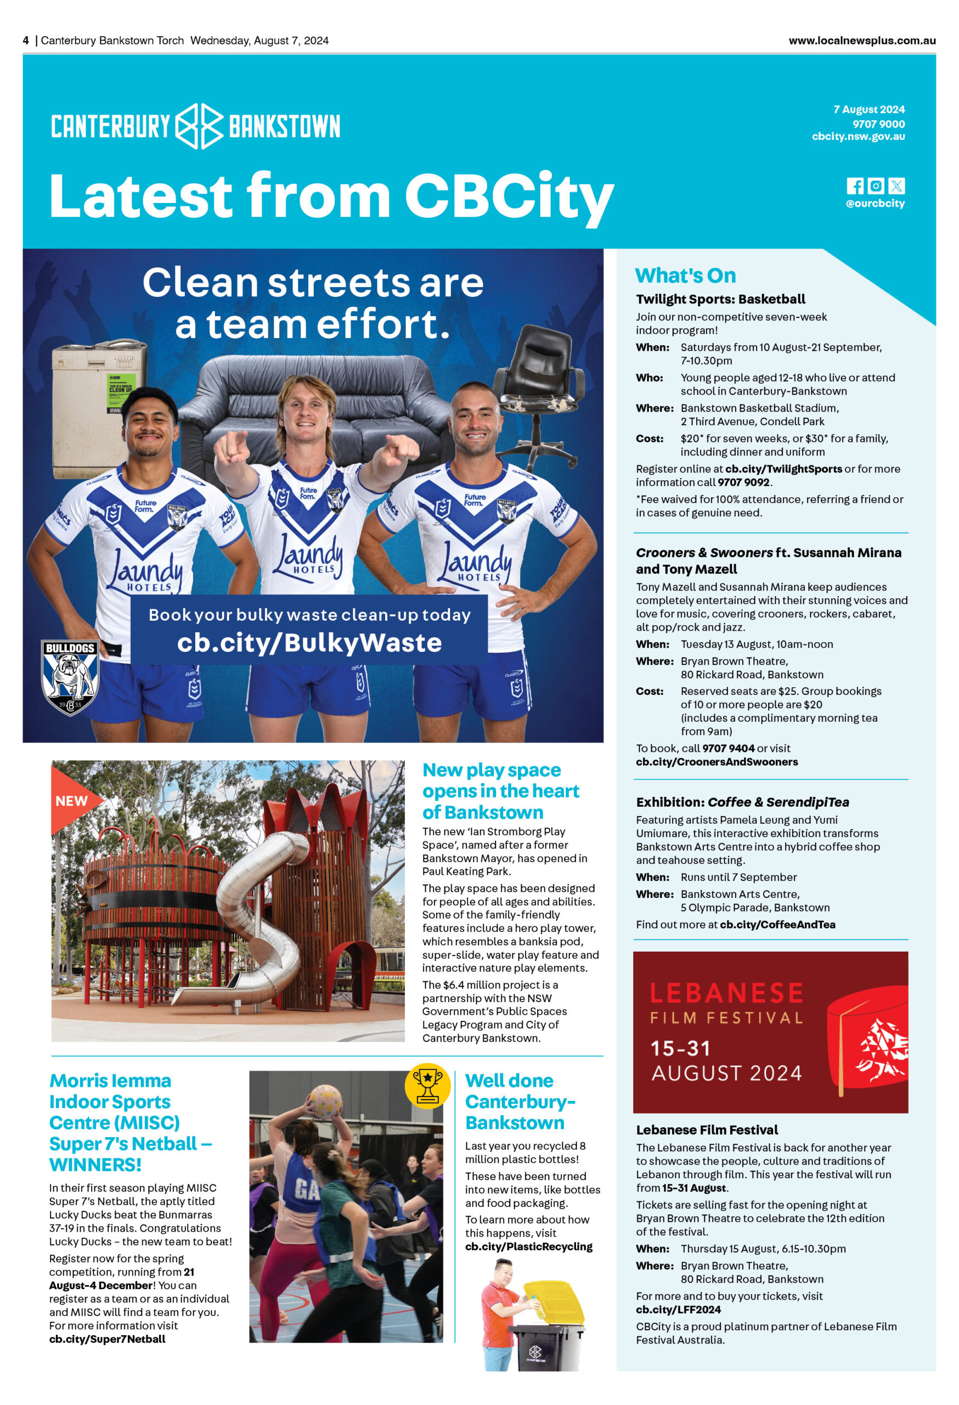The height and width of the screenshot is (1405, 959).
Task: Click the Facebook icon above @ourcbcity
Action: [x=854, y=186]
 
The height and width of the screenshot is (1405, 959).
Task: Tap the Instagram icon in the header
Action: [x=876, y=186]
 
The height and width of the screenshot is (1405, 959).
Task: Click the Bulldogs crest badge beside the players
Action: [x=70, y=677]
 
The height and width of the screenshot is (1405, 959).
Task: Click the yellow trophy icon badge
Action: [x=427, y=1086]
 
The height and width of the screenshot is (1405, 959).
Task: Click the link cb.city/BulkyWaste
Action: [x=309, y=643]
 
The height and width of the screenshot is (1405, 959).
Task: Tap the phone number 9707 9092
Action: [x=744, y=482]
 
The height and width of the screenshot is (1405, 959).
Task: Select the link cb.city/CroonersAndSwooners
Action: [x=716, y=762]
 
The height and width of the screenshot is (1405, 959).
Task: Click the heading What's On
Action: [x=685, y=276]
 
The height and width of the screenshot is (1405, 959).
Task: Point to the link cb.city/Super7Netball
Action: [x=107, y=1339]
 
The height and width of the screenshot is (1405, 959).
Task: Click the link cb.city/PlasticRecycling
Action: [x=528, y=1246]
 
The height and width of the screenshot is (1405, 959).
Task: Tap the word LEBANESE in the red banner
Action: [x=726, y=993]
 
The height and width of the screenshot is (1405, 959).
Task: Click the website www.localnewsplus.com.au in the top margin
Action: [x=862, y=41]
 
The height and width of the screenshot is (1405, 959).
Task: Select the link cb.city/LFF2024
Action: [x=678, y=1310]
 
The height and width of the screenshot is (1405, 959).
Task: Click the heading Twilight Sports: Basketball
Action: [x=720, y=299]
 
